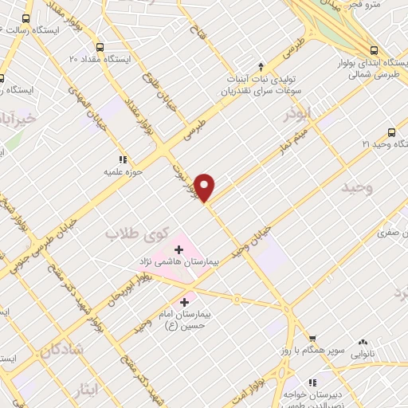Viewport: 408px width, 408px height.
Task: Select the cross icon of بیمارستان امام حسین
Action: (185, 302)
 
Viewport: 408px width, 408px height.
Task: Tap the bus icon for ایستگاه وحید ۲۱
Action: (390, 132)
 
